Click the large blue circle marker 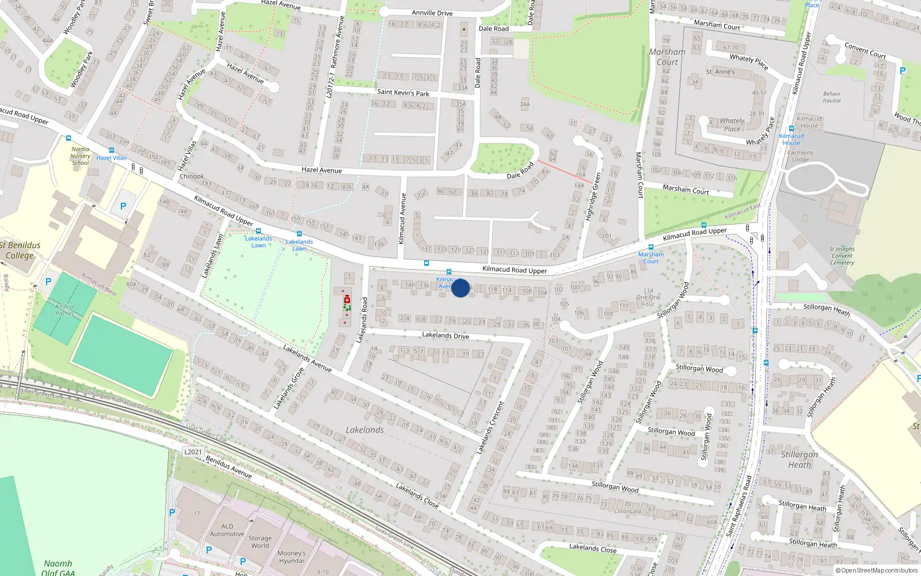click(x=461, y=288)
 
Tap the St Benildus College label click(x=21, y=250)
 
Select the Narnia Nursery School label click(x=81, y=156)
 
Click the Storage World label click(x=260, y=541)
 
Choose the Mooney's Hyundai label click(x=291, y=557)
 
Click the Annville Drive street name click(x=432, y=13)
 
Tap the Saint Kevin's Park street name click(x=403, y=92)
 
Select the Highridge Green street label click(x=593, y=196)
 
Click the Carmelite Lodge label click(x=800, y=156)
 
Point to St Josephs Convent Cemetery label click(x=842, y=256)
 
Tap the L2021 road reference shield click(x=193, y=452)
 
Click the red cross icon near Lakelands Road click(x=347, y=300)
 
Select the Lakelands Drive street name click(x=445, y=335)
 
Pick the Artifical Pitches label click(x=64, y=310)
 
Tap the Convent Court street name click(x=865, y=50)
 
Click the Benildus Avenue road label click(x=229, y=467)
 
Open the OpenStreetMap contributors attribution click(x=878, y=571)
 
